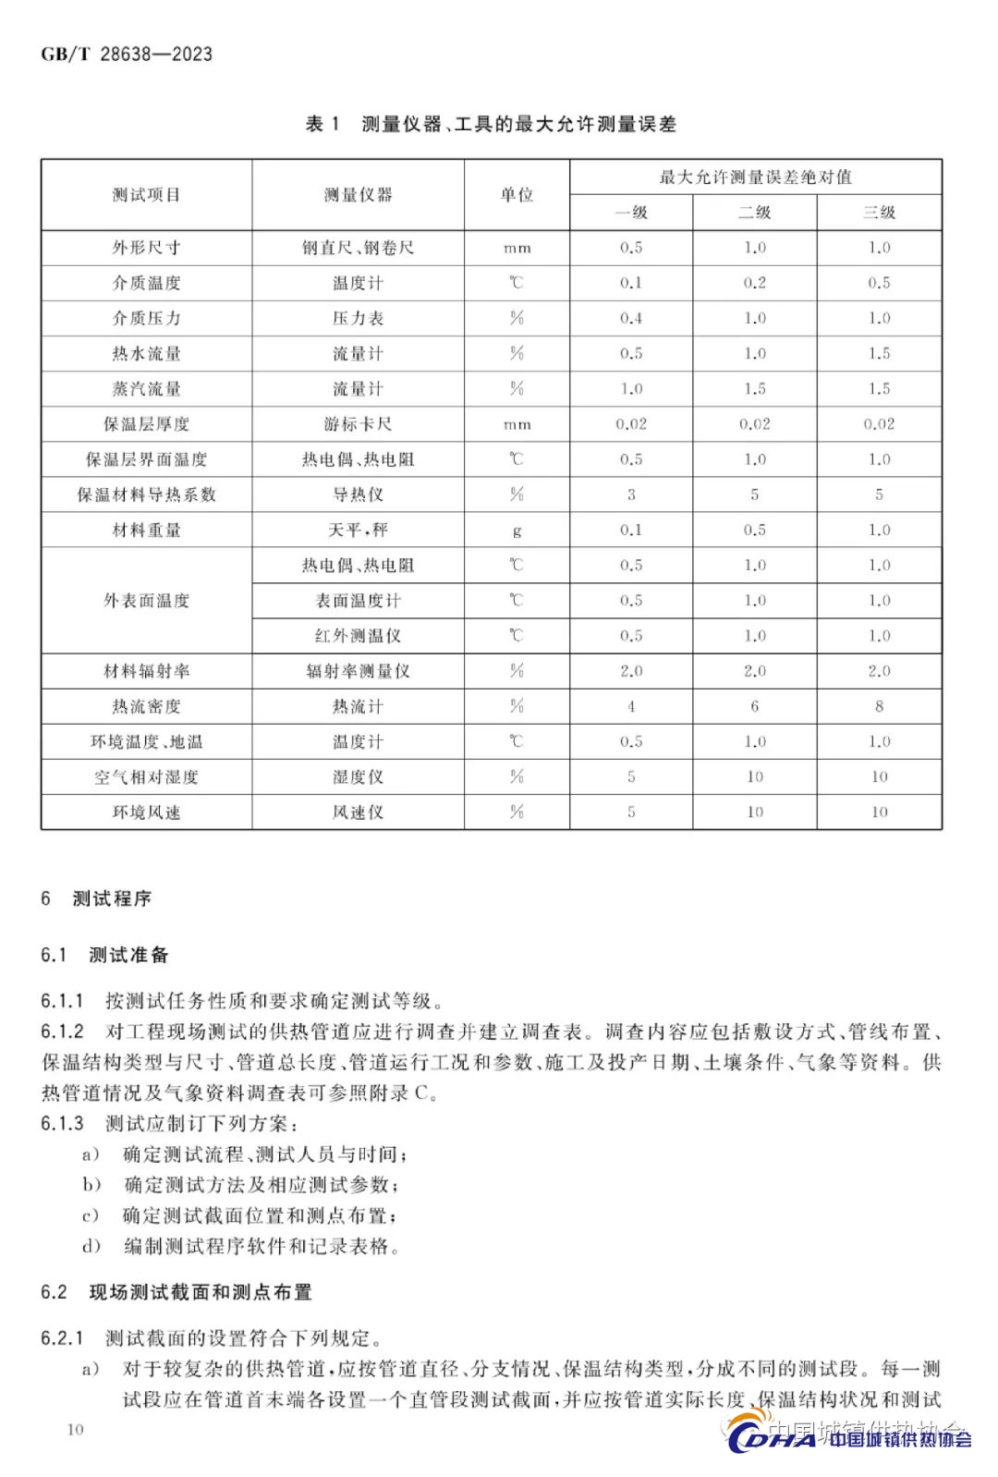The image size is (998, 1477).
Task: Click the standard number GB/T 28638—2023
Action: click(127, 54)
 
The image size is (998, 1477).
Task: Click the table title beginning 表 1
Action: click(491, 124)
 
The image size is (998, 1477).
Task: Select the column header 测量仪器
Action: click(358, 195)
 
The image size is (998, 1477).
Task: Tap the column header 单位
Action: click(517, 195)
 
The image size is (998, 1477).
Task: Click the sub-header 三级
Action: click(879, 213)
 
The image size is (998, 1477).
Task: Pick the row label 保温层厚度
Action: click(146, 424)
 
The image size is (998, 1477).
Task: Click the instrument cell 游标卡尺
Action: click(358, 424)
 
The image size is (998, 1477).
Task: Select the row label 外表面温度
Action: click(146, 601)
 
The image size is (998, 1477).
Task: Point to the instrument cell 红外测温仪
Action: click(358, 636)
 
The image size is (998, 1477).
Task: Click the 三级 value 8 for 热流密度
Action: click(879, 706)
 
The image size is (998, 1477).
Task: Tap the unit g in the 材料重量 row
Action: click(517, 531)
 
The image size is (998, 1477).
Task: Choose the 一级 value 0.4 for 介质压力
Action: click(631, 319)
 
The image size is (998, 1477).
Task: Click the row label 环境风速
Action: click(146, 812)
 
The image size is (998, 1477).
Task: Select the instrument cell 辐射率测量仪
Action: click(358, 671)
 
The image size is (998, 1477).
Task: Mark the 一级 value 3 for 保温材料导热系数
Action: click(631, 494)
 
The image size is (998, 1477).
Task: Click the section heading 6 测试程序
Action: click(96, 898)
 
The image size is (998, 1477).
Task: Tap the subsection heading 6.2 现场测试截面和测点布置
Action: click(176, 1292)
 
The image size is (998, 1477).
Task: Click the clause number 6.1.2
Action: click(62, 1031)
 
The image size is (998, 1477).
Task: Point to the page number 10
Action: click(75, 1430)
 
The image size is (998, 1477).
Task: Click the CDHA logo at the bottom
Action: click(850, 1438)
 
